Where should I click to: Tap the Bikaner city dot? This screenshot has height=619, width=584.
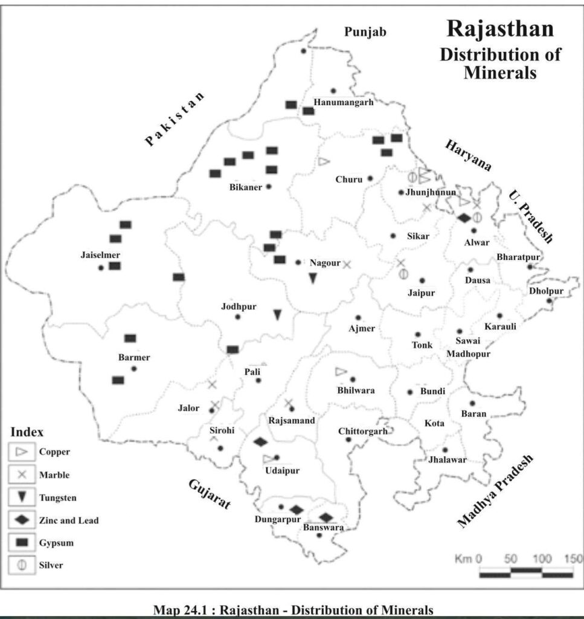click(269, 187)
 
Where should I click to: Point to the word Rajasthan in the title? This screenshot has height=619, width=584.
click(499, 29)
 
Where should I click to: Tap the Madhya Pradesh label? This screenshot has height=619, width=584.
click(496, 491)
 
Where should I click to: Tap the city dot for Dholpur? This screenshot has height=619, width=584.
click(549, 300)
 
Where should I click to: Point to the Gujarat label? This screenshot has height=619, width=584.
click(210, 494)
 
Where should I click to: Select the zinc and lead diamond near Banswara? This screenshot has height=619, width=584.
click(326, 517)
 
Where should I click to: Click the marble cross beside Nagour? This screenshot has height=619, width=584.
click(347, 264)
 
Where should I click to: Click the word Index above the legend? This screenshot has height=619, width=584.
click(27, 433)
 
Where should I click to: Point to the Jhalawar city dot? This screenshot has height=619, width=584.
click(445, 450)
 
